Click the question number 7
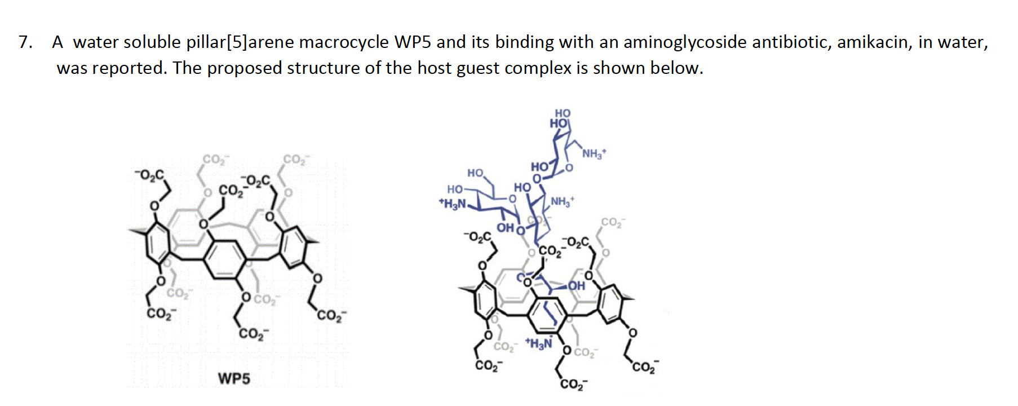point(25,42)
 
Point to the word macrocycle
point(344,42)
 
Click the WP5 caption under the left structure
point(234,378)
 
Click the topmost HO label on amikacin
point(563,113)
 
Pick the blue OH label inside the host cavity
point(576,286)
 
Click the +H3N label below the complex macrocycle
point(539,343)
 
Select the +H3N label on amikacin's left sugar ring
point(452,204)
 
